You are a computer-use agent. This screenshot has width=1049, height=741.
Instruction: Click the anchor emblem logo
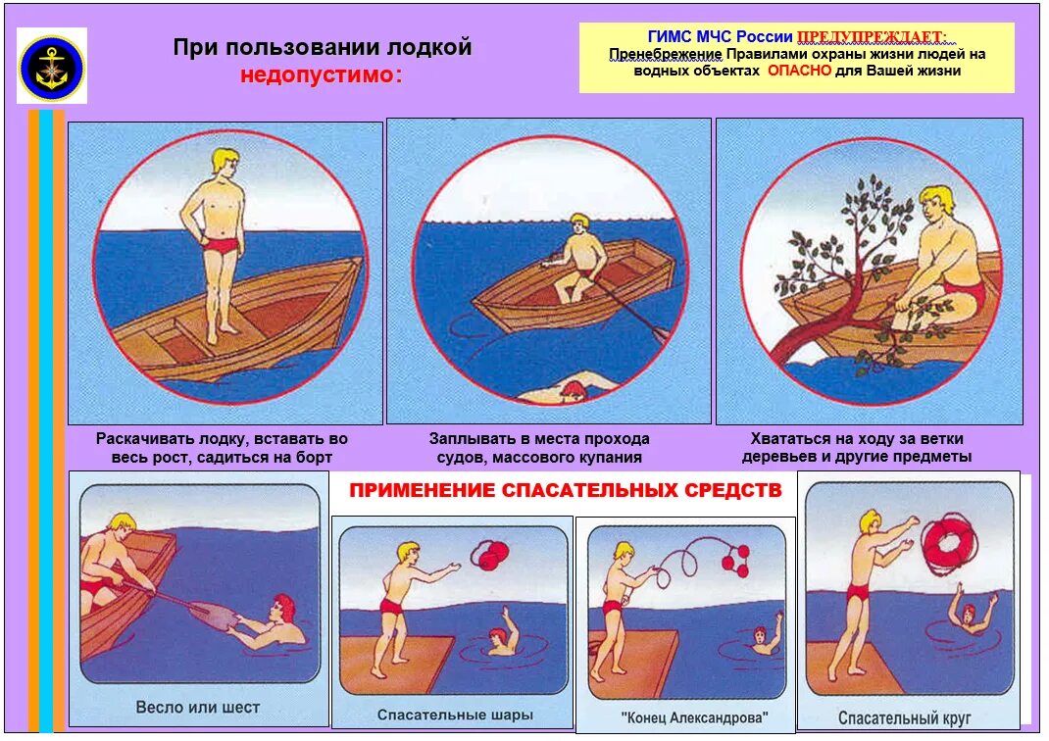(x=52, y=66)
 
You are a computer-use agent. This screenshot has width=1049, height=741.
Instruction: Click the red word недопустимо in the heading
(x=321, y=76)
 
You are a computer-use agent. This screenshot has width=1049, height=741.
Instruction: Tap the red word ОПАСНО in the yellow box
(x=799, y=71)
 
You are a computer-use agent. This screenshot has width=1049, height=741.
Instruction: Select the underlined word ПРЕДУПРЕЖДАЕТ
(x=872, y=37)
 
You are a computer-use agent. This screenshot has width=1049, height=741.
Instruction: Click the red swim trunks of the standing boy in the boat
(x=223, y=246)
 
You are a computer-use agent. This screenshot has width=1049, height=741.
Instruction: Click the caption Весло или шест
(x=198, y=707)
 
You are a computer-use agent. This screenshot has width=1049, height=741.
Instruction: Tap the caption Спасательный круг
(x=890, y=717)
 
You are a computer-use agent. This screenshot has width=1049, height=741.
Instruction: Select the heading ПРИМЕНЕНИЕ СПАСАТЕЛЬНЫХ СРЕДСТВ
(x=566, y=490)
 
